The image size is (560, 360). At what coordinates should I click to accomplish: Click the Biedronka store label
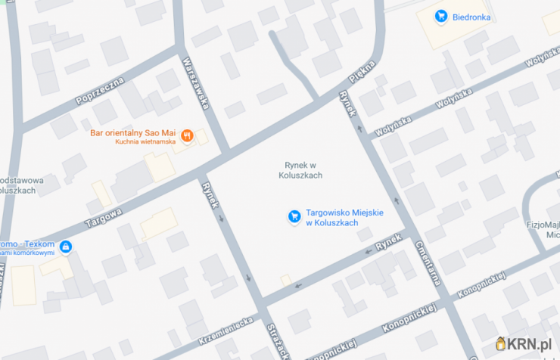472,17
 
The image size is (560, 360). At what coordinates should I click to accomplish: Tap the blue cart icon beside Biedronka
440,16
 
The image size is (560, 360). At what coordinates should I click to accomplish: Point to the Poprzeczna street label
99,89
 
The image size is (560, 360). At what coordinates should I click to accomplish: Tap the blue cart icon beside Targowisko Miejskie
294,217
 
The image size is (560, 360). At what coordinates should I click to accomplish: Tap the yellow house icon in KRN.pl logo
505,344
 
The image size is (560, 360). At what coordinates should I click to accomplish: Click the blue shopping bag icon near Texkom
66,247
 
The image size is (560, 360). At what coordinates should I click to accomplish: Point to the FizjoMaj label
542,225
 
